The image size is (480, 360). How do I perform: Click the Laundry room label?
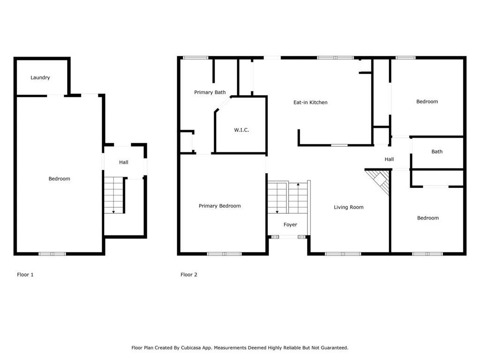click(40, 77)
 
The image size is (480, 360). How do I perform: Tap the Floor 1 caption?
click(25, 275)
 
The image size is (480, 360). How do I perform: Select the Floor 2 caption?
click(189, 275)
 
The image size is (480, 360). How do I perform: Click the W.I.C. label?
click(241, 130)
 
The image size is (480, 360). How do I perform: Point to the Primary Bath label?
click(210, 92)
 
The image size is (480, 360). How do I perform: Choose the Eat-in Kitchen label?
click(310, 102)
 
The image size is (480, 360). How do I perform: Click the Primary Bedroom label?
click(219, 206)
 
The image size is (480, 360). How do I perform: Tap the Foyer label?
click(290, 225)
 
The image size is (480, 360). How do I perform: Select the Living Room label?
click(348, 207)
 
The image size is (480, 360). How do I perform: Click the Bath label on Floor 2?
click(437, 151)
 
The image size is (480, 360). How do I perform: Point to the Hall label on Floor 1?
click(123, 162)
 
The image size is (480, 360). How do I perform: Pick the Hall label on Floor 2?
click(389, 159)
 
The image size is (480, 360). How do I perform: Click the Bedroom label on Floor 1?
click(60, 179)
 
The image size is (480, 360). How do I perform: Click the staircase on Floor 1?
click(113, 195)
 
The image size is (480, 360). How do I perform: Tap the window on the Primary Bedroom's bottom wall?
click(224, 254)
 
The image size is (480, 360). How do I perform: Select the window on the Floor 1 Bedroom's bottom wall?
click(52, 254)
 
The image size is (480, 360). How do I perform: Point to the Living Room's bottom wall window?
click(343, 254)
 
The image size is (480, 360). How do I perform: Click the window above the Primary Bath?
click(195, 58)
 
